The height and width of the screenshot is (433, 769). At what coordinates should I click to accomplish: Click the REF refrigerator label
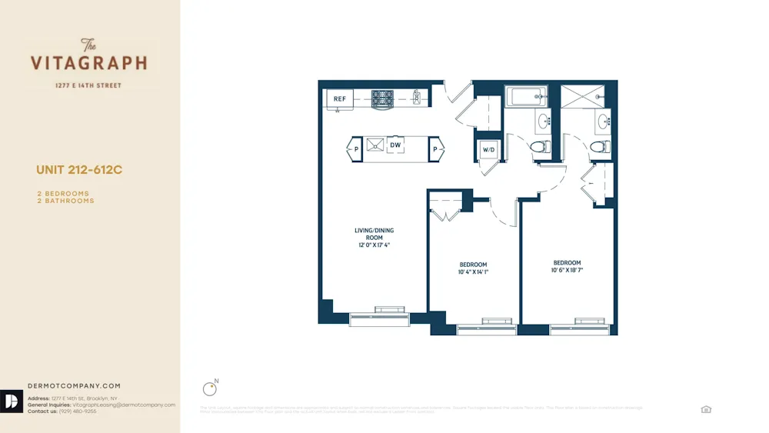pos(339,98)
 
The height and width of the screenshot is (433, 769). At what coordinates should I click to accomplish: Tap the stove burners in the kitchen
pos(382,98)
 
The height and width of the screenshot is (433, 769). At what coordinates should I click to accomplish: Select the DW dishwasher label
pos(395,145)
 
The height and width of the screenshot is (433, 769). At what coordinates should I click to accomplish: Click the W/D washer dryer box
pos(488,148)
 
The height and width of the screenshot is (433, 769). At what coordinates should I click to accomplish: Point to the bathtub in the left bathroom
pos(526,97)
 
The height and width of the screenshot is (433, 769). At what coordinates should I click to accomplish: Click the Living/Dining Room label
pos(374,234)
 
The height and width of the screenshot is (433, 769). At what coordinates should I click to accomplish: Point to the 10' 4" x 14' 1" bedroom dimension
pos(474,271)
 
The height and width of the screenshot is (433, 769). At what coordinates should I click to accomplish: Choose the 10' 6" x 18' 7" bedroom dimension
pos(567,270)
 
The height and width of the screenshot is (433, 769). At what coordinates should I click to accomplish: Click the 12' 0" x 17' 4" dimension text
pos(374,245)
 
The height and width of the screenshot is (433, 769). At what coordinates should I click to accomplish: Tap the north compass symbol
pos(208,389)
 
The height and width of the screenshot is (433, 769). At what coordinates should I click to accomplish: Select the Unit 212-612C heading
pos(79,170)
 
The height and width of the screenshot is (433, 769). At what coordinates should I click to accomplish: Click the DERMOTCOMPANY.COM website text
pos(74,386)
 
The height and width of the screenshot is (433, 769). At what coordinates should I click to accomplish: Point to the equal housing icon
pos(706,409)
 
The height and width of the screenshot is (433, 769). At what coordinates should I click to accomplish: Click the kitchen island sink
pos(375,145)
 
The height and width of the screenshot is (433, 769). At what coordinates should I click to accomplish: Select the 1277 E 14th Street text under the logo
pos(88,85)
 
